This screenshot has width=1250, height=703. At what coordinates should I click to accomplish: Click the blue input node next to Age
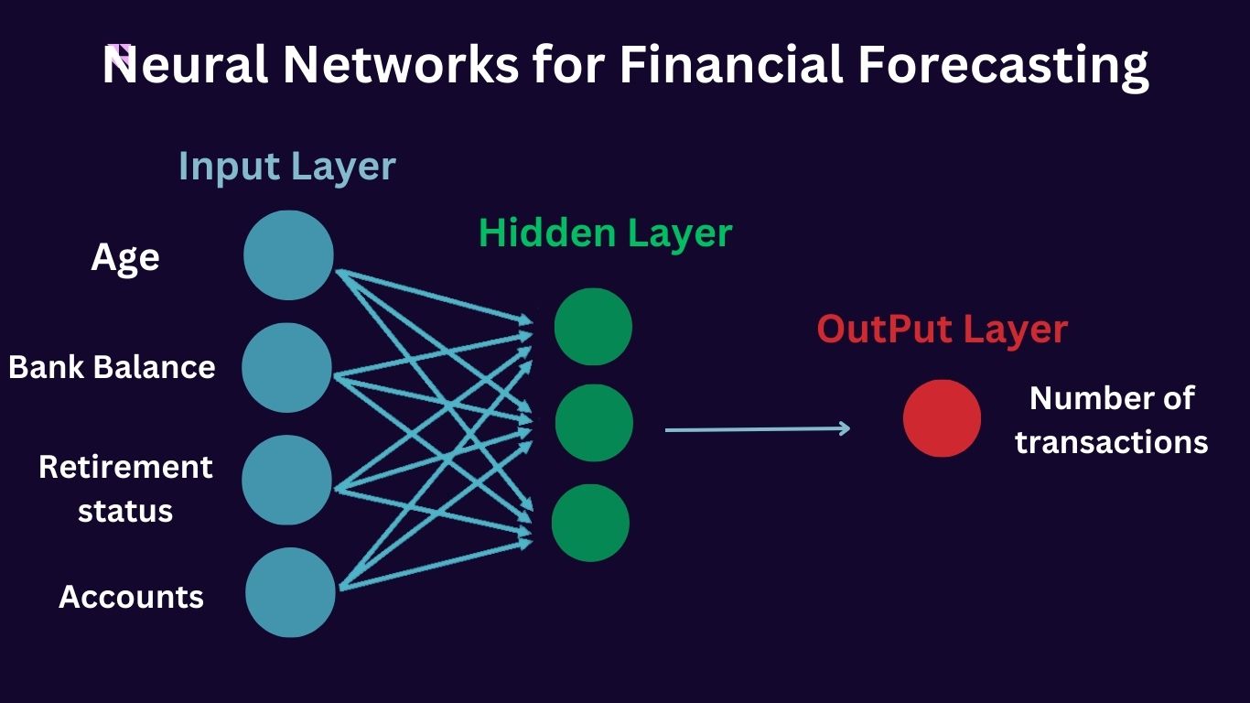tap(288, 255)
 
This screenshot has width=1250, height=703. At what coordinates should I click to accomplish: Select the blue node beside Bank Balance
tap(286, 367)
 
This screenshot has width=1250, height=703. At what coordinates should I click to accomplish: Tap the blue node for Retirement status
tap(286, 480)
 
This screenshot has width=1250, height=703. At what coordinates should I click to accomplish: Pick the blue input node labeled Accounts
tap(290, 592)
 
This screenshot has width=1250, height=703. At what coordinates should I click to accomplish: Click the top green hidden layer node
tap(593, 327)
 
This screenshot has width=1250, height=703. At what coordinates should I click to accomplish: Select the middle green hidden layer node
tap(594, 423)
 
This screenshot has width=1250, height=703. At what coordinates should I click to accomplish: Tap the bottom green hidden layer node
tap(590, 523)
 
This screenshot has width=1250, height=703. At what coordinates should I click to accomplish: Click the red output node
tap(942, 418)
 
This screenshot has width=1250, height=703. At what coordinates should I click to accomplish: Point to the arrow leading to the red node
tap(757, 428)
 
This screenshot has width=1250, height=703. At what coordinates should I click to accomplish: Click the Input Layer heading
tap(286, 167)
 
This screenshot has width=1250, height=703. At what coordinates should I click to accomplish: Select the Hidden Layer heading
tap(605, 233)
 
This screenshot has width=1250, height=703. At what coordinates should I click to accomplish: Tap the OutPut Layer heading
tap(942, 330)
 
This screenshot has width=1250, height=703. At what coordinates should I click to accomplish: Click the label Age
tap(125, 257)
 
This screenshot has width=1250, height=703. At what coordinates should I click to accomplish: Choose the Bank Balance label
tap(112, 367)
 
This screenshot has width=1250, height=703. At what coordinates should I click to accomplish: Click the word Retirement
tap(125, 467)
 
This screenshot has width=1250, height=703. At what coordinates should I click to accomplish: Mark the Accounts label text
tap(131, 597)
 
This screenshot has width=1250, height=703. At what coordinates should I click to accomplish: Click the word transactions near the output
tap(1111, 442)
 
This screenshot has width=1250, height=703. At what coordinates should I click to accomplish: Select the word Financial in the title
tap(731, 66)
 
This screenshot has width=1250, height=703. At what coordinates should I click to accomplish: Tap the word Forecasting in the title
tap(1003, 66)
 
